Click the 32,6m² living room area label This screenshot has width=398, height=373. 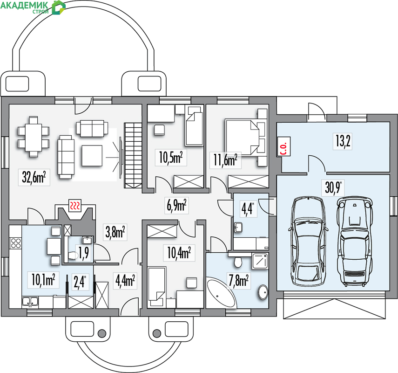click(x=34, y=177)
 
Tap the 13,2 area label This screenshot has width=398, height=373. click(x=343, y=141)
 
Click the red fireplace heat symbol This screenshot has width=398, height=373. click(x=75, y=205)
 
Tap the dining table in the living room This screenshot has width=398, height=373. click(x=34, y=137)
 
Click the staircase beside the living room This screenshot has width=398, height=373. click(x=133, y=155)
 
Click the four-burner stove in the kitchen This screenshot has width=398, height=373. click(x=16, y=242)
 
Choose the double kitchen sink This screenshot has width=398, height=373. click(x=30, y=301)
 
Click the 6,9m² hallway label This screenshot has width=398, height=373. click(x=177, y=206)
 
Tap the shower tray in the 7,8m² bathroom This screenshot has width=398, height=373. click(x=260, y=261)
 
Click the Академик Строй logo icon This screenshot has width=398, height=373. click(x=58, y=7)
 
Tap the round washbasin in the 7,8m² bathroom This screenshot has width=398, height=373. click(x=263, y=293)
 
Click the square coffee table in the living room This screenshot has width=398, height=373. click(x=92, y=156)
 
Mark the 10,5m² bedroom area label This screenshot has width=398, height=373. click(x=171, y=158)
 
